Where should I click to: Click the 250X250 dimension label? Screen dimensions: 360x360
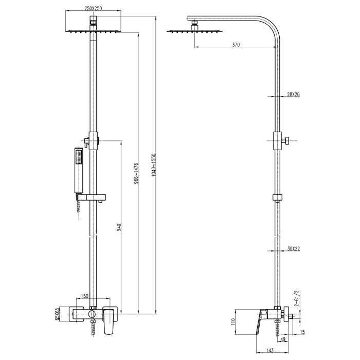pos(93,9)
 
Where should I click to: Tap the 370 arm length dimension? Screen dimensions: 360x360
pos(236,45)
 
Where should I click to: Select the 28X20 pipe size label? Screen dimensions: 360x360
pos(293,94)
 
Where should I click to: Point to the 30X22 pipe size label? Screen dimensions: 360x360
pos(294,248)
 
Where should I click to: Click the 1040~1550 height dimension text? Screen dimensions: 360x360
pos(154,165)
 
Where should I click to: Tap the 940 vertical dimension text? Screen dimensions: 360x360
pos(119,227)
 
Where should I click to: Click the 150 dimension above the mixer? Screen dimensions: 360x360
pos(84,296)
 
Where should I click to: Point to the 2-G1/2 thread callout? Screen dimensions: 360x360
pos(297,298)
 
